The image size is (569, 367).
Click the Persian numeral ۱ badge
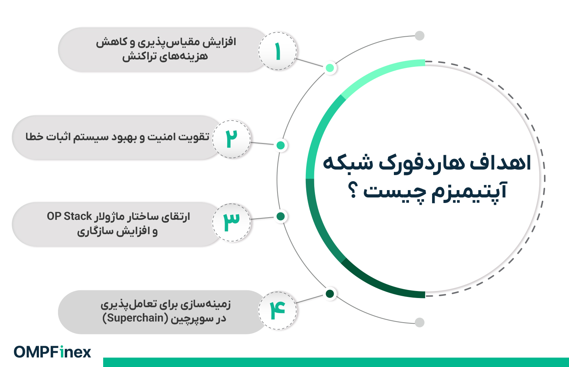[278, 51]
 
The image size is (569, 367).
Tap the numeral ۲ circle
[231, 139]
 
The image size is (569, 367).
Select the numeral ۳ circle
[231, 222]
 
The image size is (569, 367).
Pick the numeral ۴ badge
[278, 310]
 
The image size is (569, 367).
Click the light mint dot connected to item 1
[330, 68]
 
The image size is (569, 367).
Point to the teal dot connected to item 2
[280, 145]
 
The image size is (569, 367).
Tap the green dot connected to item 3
[280, 217]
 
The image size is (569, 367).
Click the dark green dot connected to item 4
[330, 294]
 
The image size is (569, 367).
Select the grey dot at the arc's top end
[420, 36]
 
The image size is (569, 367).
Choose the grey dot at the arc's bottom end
[420, 323]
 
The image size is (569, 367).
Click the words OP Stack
[69, 217]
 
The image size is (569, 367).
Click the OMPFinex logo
[52, 352]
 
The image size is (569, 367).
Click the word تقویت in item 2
[194, 137]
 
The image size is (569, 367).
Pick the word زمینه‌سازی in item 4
[206, 304]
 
